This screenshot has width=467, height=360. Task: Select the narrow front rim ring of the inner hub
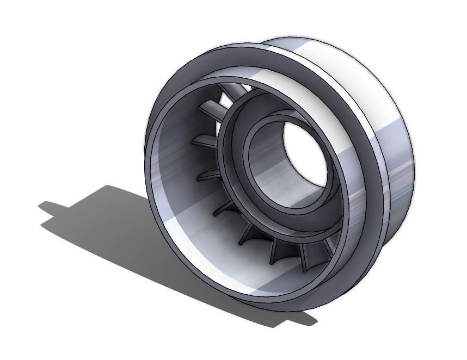[x=248, y=163]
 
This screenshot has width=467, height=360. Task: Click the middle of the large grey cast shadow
[x=136, y=239]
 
